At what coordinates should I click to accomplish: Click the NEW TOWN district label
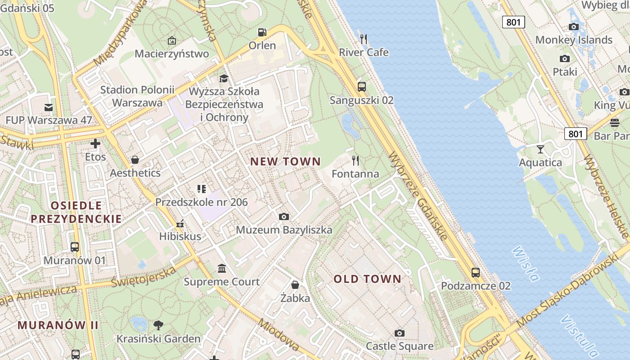click(285, 162)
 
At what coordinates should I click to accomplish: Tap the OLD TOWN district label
click(367, 279)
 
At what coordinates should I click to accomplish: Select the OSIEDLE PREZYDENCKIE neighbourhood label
click(76, 212)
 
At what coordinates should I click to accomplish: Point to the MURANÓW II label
click(58, 325)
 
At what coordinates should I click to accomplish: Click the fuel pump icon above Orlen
click(262, 32)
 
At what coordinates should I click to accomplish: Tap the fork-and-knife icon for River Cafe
click(364, 39)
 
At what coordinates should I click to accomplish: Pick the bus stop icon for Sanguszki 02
click(361, 87)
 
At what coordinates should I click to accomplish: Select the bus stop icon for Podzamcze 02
click(476, 272)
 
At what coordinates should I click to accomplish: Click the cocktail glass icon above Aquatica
click(540, 149)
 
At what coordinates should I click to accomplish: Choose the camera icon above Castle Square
click(399, 333)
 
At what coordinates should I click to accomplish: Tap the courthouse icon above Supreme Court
click(222, 269)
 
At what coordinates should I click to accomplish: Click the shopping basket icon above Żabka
click(295, 285)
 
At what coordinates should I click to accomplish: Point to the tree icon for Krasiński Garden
click(158, 325)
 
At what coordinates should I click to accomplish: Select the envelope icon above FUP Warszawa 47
click(48, 107)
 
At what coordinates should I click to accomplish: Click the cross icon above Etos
click(95, 144)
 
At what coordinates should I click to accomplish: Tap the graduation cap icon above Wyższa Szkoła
click(224, 79)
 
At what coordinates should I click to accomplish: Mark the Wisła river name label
click(525, 264)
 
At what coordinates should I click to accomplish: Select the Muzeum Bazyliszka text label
click(284, 230)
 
